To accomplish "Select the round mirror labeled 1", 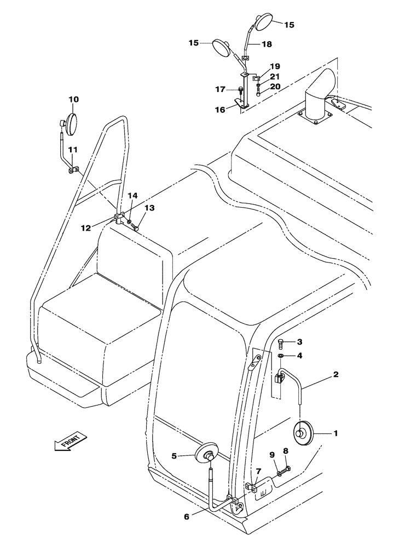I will (302, 432).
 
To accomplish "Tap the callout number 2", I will (335, 375).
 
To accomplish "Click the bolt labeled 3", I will (280, 356).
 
